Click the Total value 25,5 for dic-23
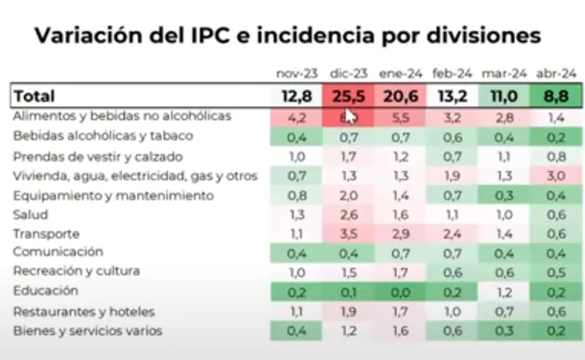pos(347,96)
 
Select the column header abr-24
pos(557,73)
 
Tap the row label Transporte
pos(46,233)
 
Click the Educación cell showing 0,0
pos(399,292)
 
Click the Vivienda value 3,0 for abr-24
pos(557,176)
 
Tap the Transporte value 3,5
pos(347,234)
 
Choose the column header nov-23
pos(296,73)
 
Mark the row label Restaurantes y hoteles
pos(84,311)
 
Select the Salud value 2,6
pos(347,214)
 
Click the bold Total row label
pos(34,96)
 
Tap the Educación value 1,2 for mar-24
pos(504,292)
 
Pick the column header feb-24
pos(451,73)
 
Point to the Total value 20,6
pos(399,96)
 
